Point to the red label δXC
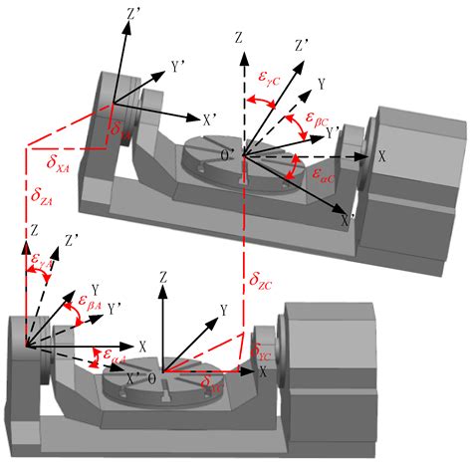pos(213,381)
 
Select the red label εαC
pos(322,175)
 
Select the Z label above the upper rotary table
pos(239,40)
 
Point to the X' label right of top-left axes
pos(209,118)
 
